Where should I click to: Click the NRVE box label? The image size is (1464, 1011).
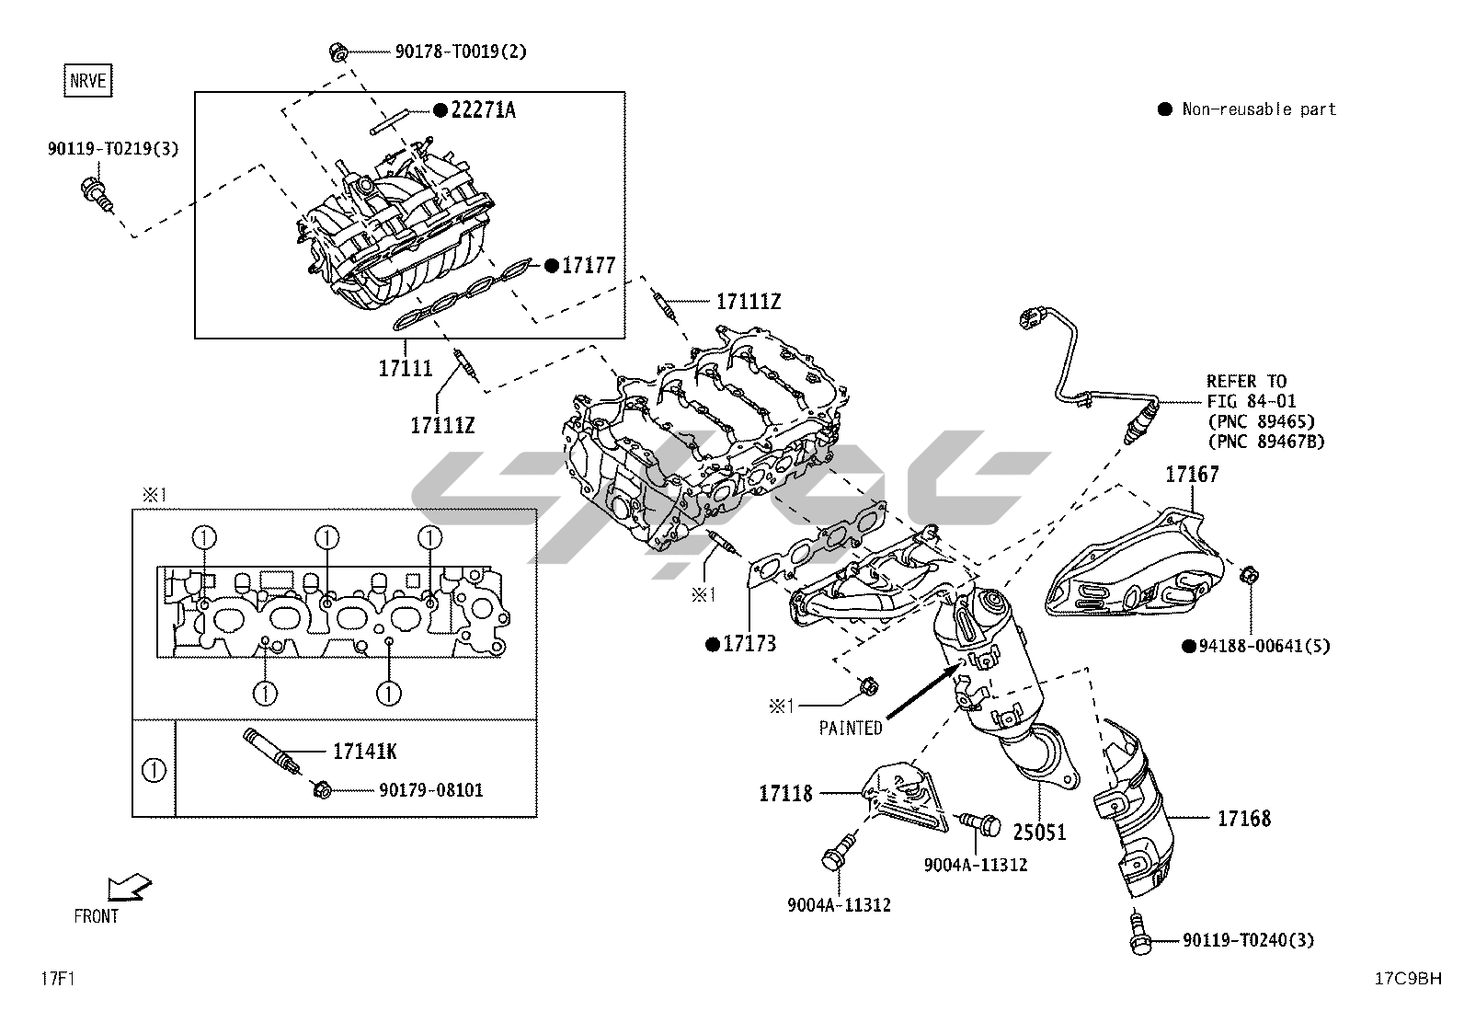click(x=88, y=81)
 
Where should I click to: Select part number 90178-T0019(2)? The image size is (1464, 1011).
click(x=461, y=52)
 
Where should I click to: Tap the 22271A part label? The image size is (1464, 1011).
click(x=482, y=110)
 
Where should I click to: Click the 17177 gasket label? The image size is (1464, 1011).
click(x=588, y=266)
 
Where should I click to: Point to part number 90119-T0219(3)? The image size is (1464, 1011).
click(x=113, y=148)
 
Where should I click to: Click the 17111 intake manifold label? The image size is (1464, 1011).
click(x=406, y=369)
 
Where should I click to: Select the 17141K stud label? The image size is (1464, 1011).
click(x=364, y=752)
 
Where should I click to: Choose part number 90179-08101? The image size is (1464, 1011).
click(x=429, y=790)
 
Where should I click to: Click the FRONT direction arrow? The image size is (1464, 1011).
click(x=128, y=888)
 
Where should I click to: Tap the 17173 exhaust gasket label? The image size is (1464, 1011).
click(x=749, y=643)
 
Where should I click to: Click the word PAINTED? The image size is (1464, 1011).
click(x=851, y=729)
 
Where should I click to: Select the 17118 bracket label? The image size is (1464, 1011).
click(x=785, y=793)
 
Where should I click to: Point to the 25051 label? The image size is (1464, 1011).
click(x=1039, y=832)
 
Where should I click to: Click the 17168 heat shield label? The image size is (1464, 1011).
click(x=1243, y=818)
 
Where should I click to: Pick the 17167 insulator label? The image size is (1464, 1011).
click(x=1192, y=475)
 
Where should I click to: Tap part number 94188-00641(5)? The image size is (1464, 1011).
click(x=1264, y=646)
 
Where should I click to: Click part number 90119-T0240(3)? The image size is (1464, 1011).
click(x=1248, y=940)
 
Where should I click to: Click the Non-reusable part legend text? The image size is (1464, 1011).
click(x=1258, y=109)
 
